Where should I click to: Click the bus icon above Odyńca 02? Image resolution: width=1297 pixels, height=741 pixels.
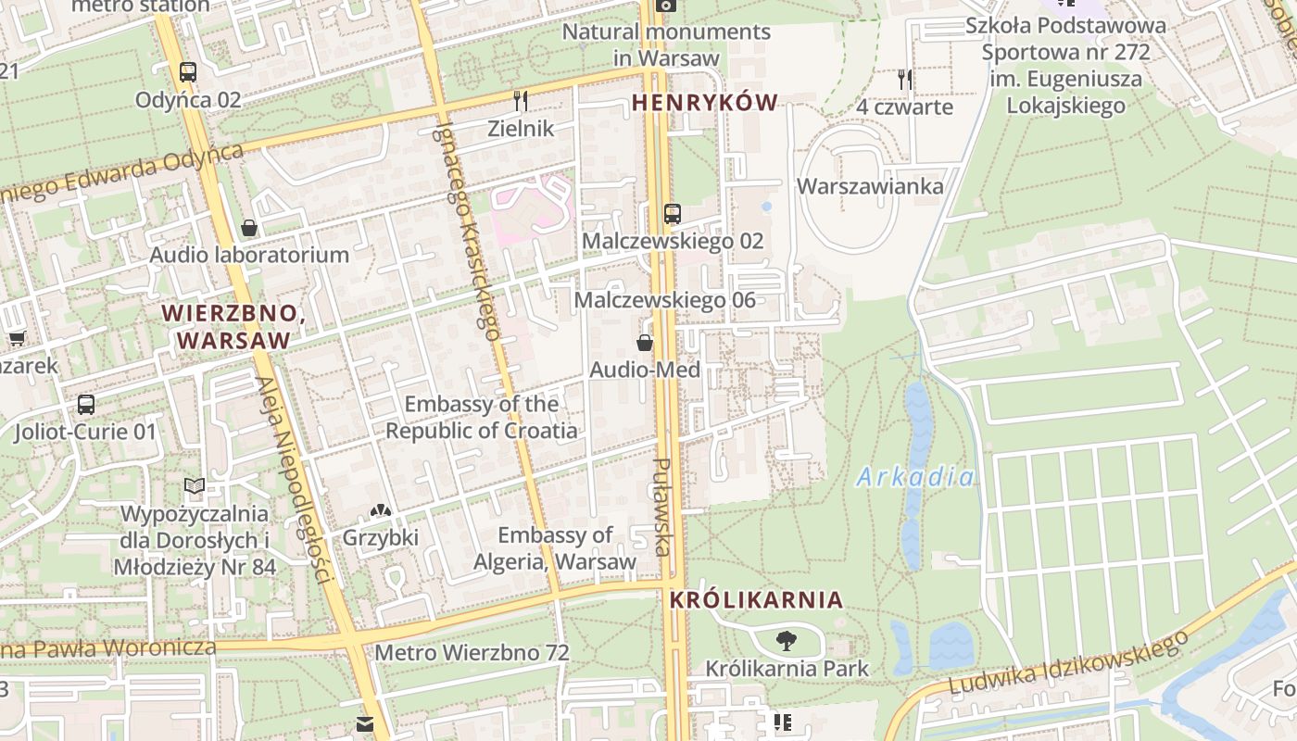pos(188,71)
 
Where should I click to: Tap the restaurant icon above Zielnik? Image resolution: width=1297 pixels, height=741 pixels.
pos(521,100)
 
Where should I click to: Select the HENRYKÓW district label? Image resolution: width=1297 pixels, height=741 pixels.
pos(704,103)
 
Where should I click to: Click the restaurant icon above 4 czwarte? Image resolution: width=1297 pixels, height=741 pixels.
pos(904,80)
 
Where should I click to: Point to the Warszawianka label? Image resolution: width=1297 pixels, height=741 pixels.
pos(870,186)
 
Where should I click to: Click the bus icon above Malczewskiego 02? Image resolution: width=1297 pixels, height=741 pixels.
pos(673,214)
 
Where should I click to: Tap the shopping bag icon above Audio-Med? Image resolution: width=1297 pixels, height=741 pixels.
pos(645,344)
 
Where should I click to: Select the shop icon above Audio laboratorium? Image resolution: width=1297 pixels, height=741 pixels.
pos(249,228)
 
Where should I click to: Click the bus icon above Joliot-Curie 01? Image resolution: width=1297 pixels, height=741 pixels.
pos(86,405)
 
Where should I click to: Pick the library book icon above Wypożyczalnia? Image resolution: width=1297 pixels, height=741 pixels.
pos(194,486)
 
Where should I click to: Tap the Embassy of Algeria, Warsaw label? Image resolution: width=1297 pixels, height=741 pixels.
pos(555,548)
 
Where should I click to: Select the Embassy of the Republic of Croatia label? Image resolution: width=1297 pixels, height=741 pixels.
pos(482,417)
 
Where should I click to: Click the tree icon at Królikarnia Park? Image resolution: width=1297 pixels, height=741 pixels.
pos(787,640)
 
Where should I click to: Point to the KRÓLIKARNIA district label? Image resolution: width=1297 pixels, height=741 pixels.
pos(756,599)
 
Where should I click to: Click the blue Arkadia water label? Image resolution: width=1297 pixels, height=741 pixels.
pos(914,477)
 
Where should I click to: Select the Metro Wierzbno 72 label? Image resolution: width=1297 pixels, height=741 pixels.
pos(472,652)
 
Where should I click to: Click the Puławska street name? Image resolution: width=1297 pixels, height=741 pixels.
pos(661,507)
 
